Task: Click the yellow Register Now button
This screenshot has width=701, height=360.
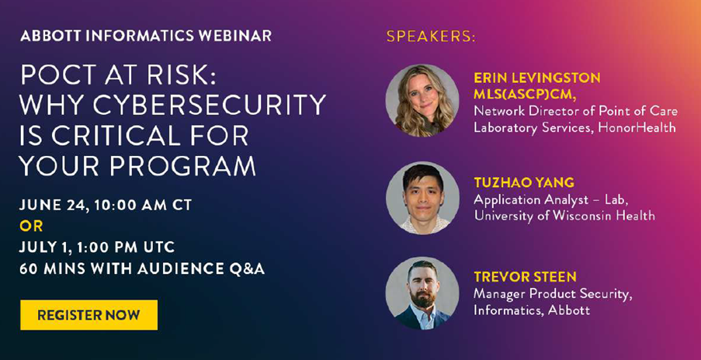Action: point(88,315)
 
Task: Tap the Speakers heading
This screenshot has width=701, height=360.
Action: point(431,36)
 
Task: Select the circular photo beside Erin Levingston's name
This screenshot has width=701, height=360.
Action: point(422,101)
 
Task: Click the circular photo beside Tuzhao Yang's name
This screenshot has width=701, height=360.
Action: point(422,198)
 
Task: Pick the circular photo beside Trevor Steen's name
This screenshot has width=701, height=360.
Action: point(422,293)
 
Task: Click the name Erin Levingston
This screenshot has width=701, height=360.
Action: point(537,78)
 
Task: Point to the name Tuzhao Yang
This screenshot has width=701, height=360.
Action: point(524,182)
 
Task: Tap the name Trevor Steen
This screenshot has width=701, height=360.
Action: point(525,277)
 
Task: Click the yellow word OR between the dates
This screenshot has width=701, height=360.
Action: point(31,227)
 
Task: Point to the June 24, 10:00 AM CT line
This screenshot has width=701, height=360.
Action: point(106,205)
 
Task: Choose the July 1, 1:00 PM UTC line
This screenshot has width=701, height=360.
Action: point(97,247)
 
